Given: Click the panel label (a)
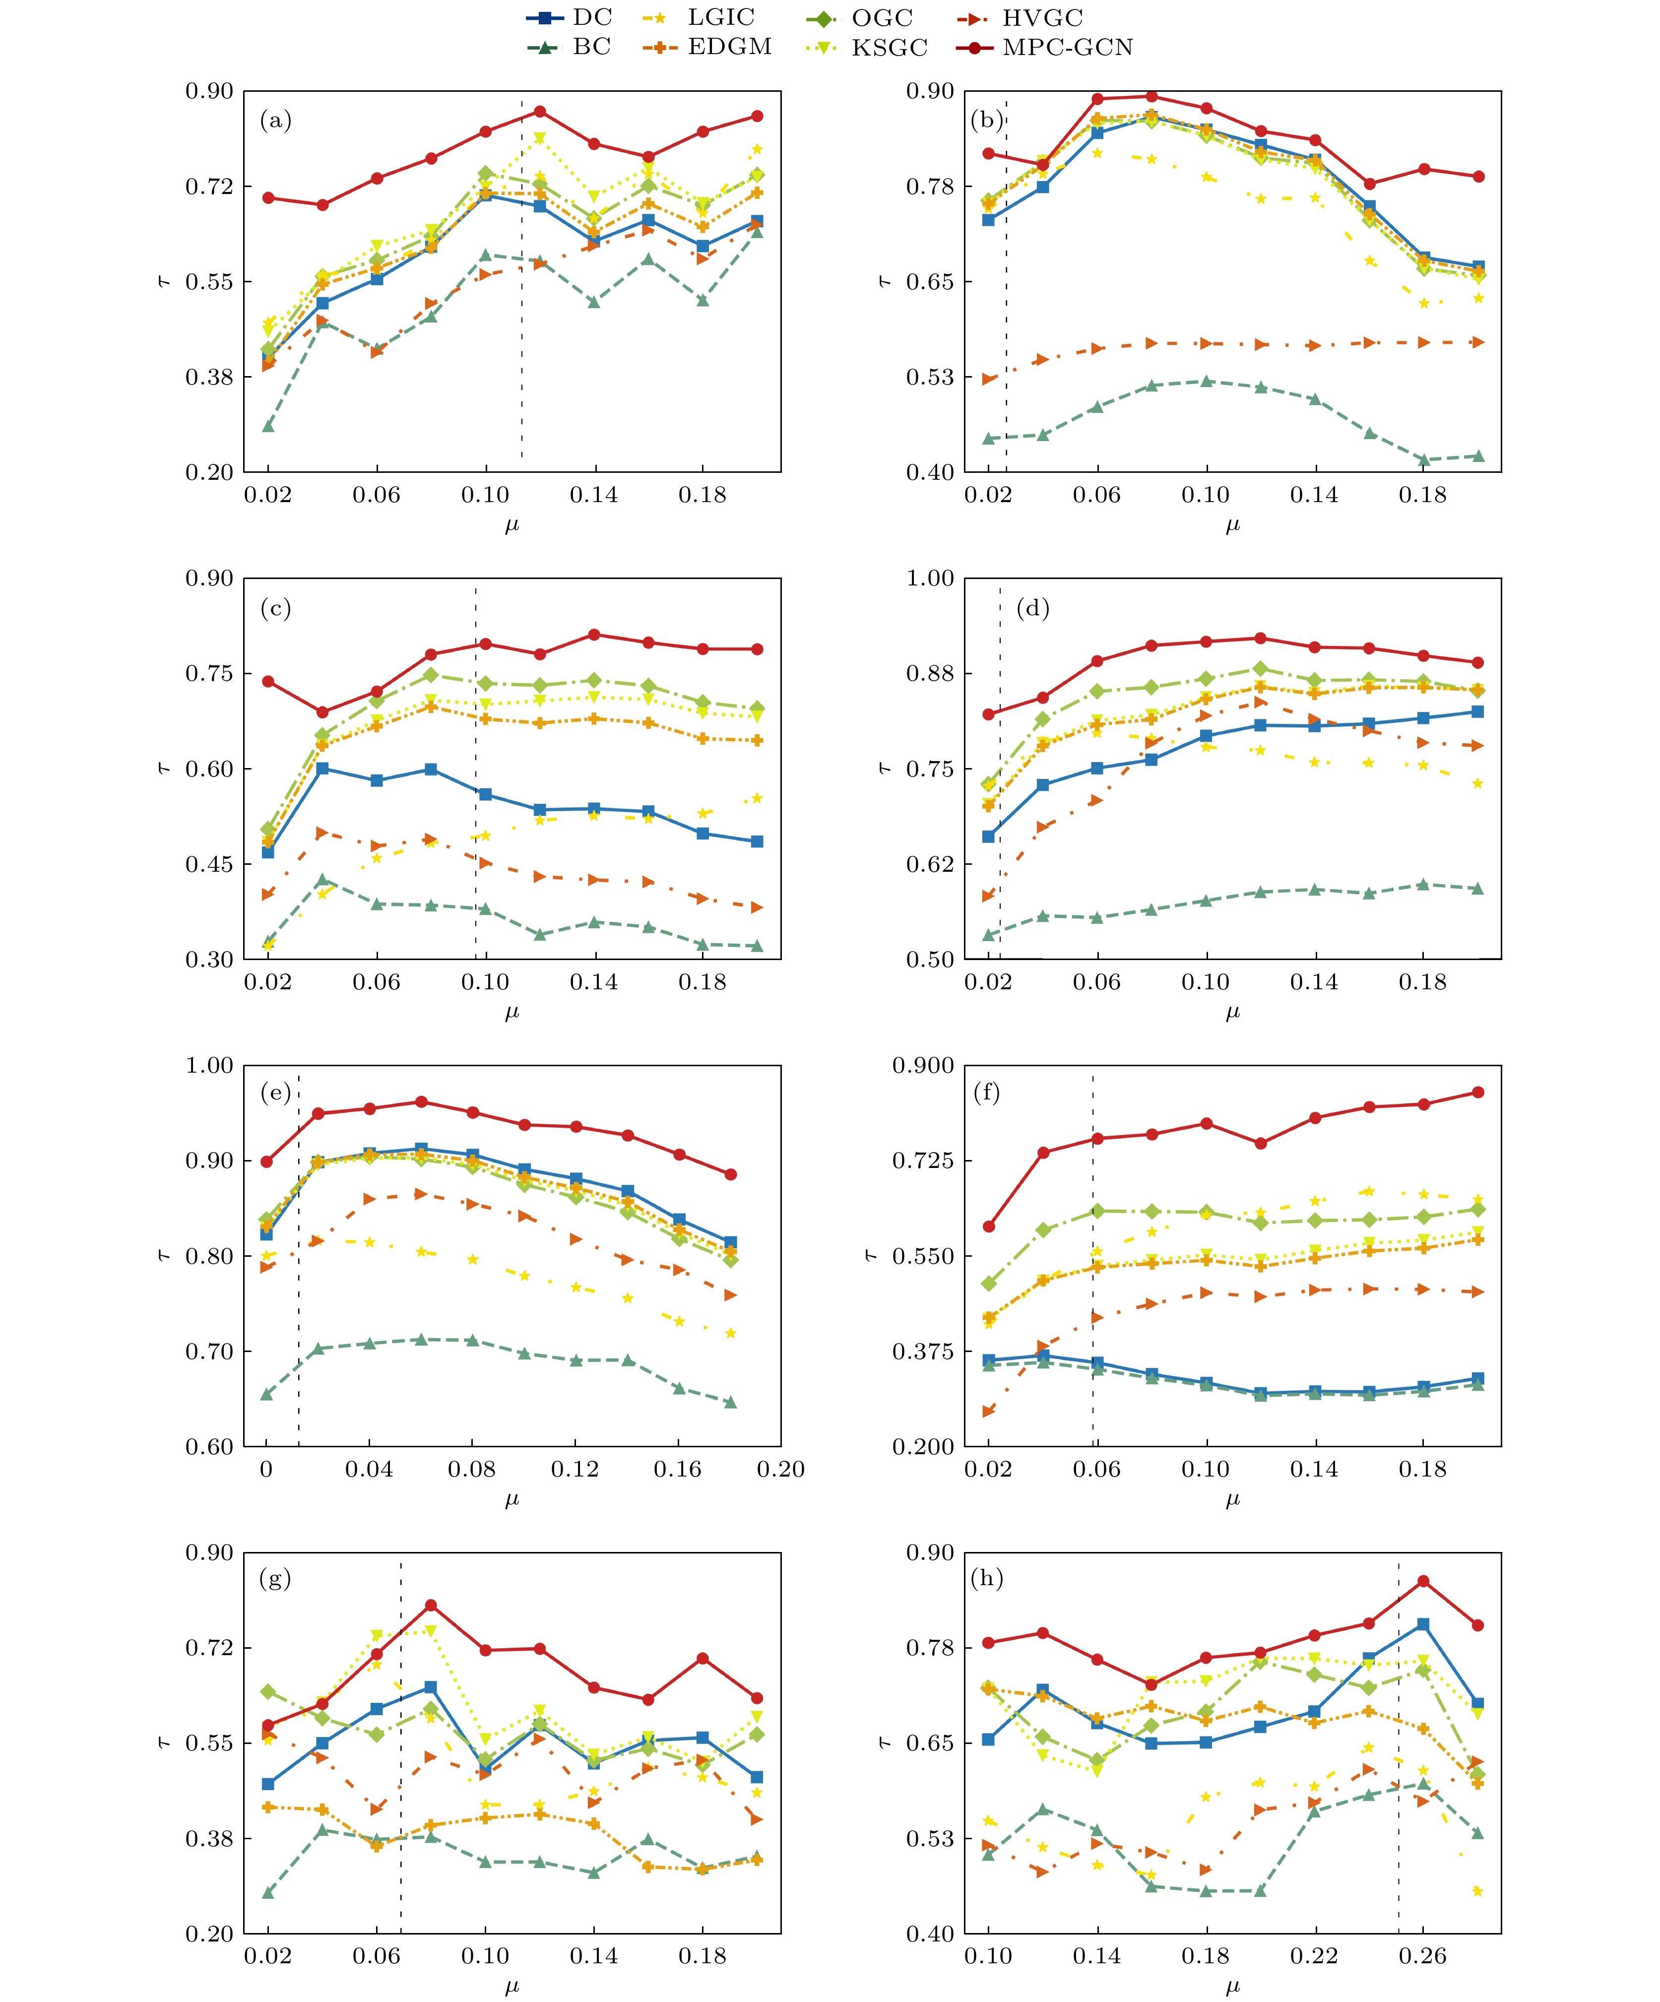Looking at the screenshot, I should pos(275,121).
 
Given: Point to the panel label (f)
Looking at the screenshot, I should pos(987,1093).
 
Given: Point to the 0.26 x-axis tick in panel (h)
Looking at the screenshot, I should pos(1422,1955).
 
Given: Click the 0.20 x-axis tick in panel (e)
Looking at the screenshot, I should pos(781,1469).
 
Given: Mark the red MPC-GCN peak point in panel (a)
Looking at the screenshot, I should pos(540,112).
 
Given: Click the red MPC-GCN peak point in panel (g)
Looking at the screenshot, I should pos(431,1606).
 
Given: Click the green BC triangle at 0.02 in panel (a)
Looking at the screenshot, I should pos(268,426).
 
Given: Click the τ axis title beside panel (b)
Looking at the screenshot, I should pos(885,281).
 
